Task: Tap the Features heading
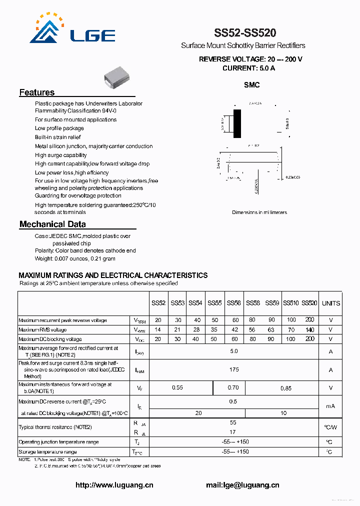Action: point(37,92)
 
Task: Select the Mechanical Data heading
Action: point(52,224)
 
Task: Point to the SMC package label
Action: point(251,85)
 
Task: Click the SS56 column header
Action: point(233,303)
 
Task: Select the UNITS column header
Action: point(330,303)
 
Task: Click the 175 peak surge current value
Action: point(233,369)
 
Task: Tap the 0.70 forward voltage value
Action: point(233,387)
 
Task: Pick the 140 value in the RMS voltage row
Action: point(309,329)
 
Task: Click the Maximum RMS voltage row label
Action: point(42,329)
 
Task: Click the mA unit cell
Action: point(330,406)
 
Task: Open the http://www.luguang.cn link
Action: point(114,485)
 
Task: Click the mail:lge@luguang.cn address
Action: point(242,485)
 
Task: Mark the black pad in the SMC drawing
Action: point(237,123)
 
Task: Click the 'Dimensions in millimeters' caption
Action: point(259,212)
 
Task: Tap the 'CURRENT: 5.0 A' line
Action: point(248,68)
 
